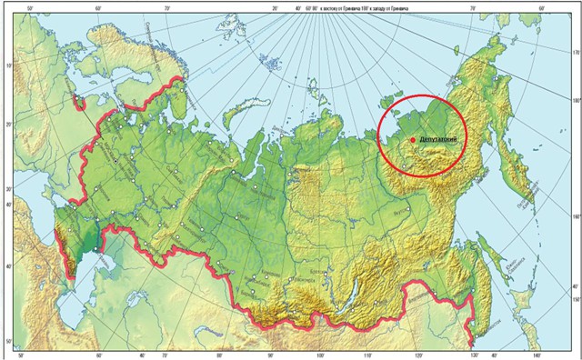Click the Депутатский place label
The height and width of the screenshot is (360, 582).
(436, 137)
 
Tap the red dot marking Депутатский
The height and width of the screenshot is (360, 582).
(413, 139)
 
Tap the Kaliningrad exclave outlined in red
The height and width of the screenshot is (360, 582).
(83, 101)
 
